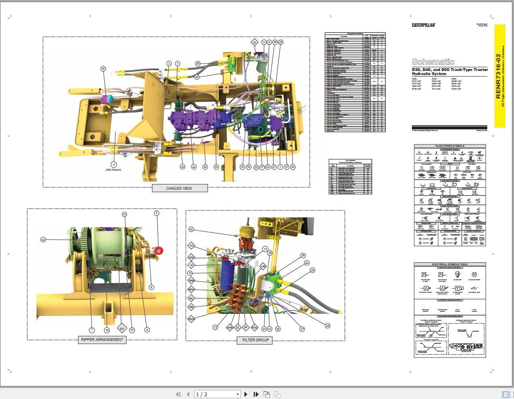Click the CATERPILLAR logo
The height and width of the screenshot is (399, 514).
coord(424,25)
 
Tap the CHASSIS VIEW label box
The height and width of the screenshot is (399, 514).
coord(179,188)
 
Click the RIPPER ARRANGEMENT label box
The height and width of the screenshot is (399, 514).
coord(102,340)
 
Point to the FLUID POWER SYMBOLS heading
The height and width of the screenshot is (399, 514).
coord(450,146)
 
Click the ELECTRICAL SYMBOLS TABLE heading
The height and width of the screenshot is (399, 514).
coord(450,264)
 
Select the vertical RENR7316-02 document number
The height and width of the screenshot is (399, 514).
coord(499,77)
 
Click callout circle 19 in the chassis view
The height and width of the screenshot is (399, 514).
coord(103,69)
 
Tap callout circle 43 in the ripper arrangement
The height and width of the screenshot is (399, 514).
coord(43,240)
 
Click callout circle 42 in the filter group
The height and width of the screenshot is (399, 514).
coord(191,230)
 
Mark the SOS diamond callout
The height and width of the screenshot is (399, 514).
coord(191,257)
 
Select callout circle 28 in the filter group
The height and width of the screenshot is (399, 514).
coord(328,325)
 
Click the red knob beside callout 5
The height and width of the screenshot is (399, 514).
coord(159,251)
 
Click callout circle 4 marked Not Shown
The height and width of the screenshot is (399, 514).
coord(114,164)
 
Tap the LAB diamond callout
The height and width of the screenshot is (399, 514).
coord(263,266)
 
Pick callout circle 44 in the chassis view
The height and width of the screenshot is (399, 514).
coord(194,167)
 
